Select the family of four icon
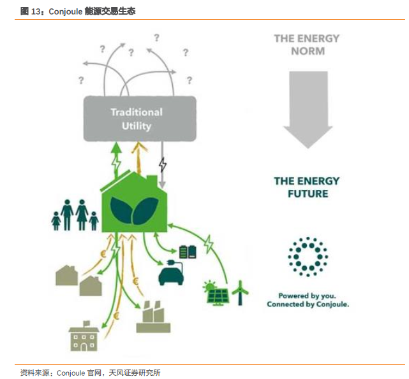pos(75,215)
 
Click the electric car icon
pos(171,273)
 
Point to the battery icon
pos(187,252)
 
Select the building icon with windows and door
pos(83,336)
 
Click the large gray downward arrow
pos(308,108)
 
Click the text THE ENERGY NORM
pos(308,45)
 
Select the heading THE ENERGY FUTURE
pos(307,187)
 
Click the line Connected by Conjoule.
pos(308,304)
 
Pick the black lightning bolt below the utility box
pos(163,165)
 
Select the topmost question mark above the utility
pos(156,38)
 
